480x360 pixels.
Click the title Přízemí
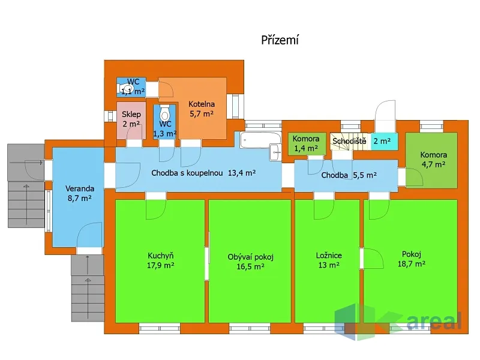[280, 40]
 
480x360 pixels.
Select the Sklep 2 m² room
[131, 121]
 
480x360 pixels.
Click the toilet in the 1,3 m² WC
[164, 114]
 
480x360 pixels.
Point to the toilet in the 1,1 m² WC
[126, 88]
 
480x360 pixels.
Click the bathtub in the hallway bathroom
[260, 140]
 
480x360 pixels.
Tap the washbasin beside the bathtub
[275, 152]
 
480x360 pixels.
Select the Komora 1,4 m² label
[306, 143]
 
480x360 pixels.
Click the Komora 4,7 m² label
[433, 160]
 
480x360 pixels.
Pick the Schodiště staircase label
[349, 141]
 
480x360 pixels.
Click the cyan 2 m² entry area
[385, 141]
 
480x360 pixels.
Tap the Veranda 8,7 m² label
[80, 193]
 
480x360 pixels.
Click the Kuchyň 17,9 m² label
[160, 260]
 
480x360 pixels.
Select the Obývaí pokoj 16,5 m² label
[250, 262]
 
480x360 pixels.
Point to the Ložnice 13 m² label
[329, 260]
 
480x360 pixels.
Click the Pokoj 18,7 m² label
[412, 259]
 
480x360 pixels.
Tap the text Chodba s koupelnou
[187, 173]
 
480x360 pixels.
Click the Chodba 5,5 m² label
[349, 175]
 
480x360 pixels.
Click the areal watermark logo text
[434, 321]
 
